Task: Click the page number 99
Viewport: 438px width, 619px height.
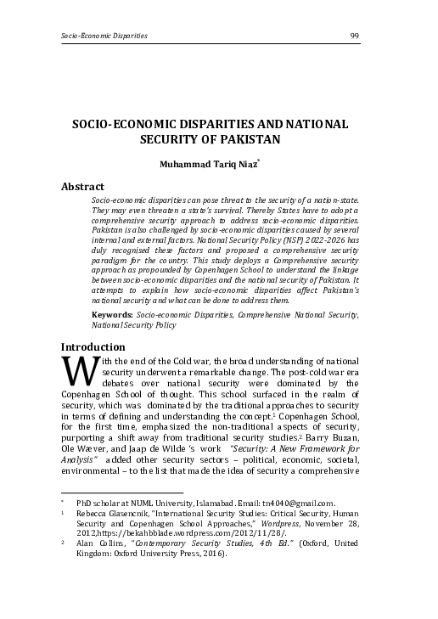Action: (x=355, y=36)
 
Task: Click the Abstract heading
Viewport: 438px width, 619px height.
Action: (x=82, y=186)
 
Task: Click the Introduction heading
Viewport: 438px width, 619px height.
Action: (x=93, y=346)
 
